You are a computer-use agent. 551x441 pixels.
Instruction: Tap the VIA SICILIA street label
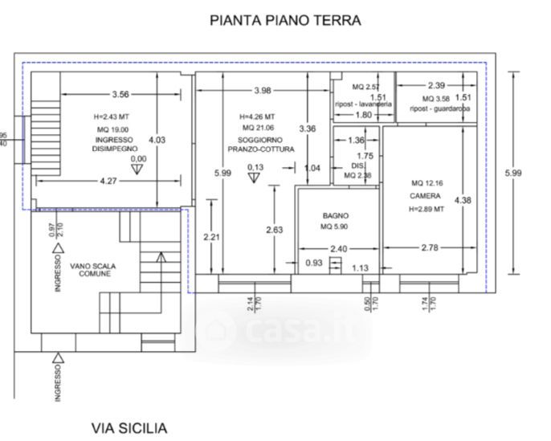pos(129,427)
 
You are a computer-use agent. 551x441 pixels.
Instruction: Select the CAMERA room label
pos(424,195)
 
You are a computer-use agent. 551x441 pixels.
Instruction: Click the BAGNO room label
pos(336,215)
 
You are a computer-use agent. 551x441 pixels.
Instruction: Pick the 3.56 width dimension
pos(122,93)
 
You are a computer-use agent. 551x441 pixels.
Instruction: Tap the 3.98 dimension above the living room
pos(263,89)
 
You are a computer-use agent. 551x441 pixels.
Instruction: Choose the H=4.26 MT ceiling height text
pos(257,116)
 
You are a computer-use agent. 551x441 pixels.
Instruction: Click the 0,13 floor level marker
pos(256,166)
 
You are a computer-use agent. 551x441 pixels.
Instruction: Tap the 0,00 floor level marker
pos(139,159)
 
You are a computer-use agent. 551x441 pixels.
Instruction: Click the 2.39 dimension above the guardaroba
pos(436,85)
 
